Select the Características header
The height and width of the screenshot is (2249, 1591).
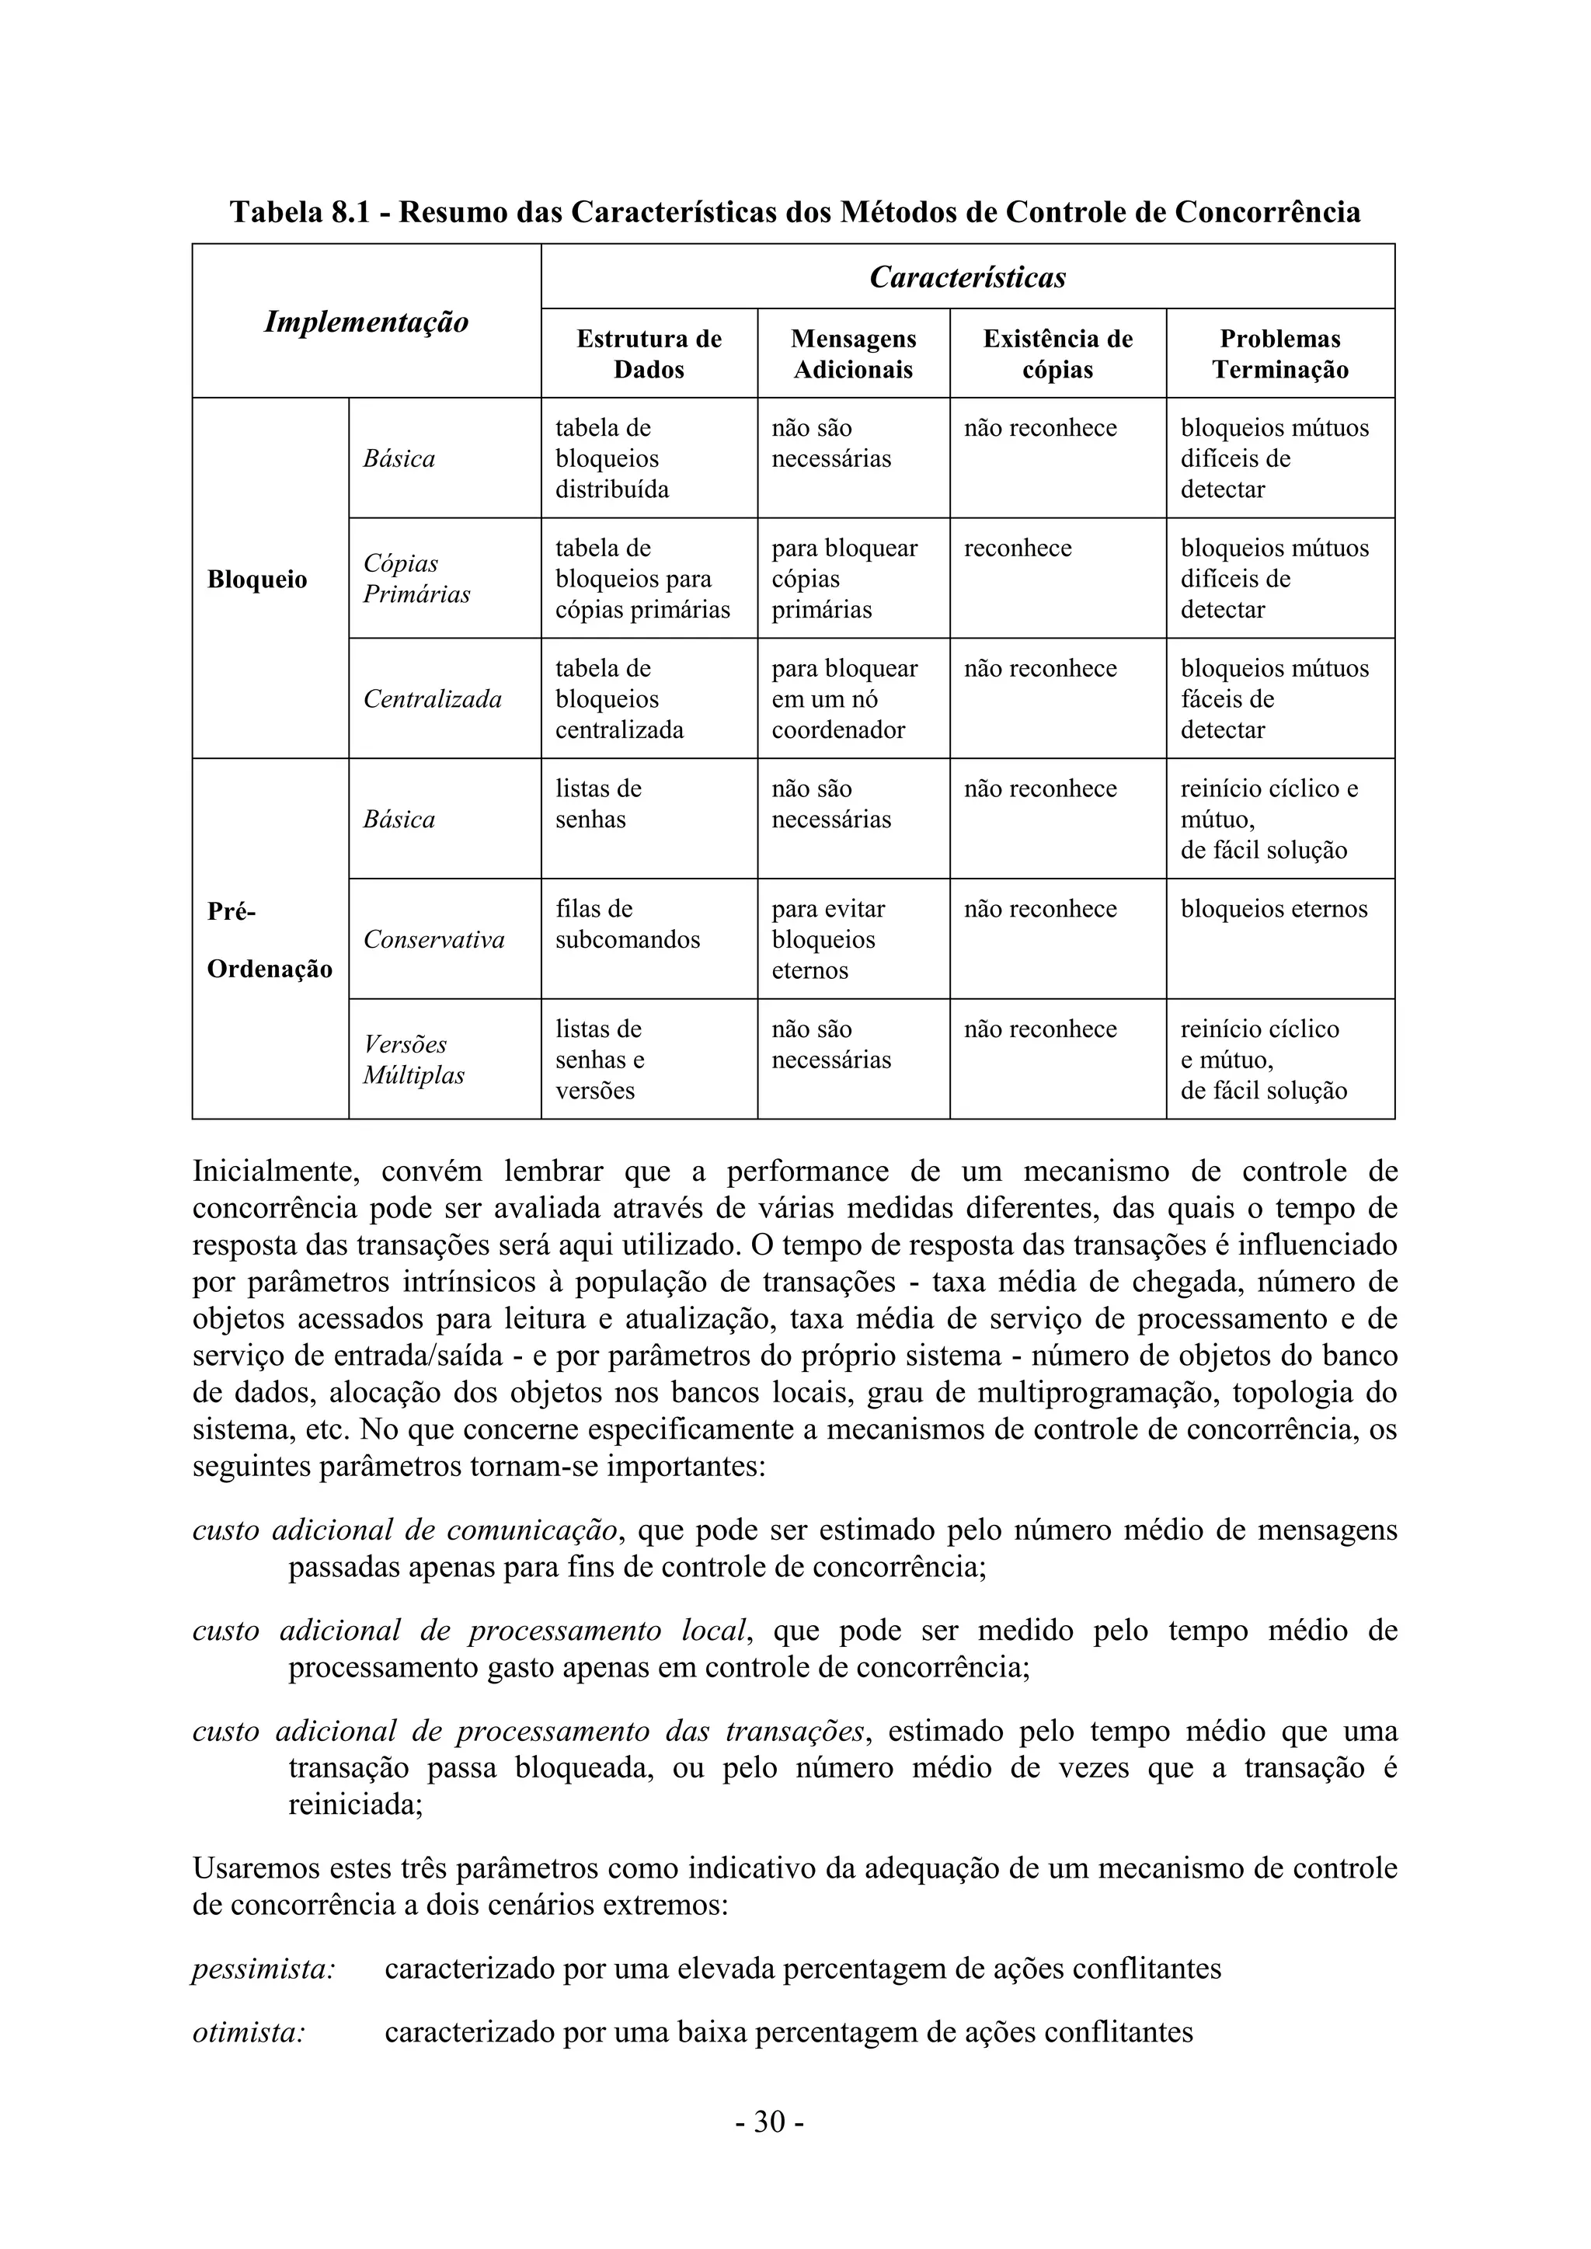click(967, 277)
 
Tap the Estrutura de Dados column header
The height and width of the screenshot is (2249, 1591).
click(649, 353)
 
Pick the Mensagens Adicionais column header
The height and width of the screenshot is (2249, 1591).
click(852, 353)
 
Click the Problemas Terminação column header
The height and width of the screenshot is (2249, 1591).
click(1279, 353)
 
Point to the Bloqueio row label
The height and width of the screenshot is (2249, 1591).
click(256, 579)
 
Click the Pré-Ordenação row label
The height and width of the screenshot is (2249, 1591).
click(269, 939)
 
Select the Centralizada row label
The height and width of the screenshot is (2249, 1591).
click(432, 698)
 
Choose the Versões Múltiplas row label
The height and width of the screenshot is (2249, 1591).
click(413, 1059)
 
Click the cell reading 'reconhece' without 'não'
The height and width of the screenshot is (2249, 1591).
click(1017, 548)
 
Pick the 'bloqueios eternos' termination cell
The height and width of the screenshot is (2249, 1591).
click(1272, 909)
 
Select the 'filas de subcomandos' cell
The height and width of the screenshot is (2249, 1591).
click(627, 924)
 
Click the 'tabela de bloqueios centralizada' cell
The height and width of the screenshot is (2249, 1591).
click(618, 698)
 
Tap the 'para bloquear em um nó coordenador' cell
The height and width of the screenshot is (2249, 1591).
click(844, 698)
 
